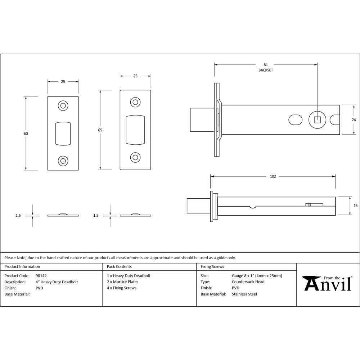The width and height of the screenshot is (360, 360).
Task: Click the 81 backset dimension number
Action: click(266, 65)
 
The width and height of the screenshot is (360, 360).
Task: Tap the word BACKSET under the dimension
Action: click(266, 70)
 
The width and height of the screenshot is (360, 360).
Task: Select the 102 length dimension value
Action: click(273, 176)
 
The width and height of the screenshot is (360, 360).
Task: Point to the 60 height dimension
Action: click(26, 134)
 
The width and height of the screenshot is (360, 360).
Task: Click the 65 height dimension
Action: click(100, 130)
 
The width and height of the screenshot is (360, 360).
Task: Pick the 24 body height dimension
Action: click(354, 120)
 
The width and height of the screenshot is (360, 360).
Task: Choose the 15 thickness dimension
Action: click(355, 206)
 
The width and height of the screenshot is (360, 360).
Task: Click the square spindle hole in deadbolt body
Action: click(317, 120)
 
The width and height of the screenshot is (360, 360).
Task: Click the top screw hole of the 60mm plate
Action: click(63, 105)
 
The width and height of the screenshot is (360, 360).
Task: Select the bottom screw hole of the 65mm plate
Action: click(135, 157)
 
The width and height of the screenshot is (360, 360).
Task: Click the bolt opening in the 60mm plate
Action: click(63, 133)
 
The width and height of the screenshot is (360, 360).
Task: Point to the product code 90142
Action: click(41, 276)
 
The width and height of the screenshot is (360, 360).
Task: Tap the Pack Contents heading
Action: click(119, 267)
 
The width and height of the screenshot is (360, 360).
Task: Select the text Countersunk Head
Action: click(248, 282)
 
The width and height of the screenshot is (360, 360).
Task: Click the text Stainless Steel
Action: click(244, 294)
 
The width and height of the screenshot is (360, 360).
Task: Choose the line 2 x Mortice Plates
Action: click(122, 282)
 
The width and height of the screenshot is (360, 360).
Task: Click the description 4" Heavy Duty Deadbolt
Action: click(57, 282)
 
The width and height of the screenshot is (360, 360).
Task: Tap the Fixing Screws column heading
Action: click(212, 267)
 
